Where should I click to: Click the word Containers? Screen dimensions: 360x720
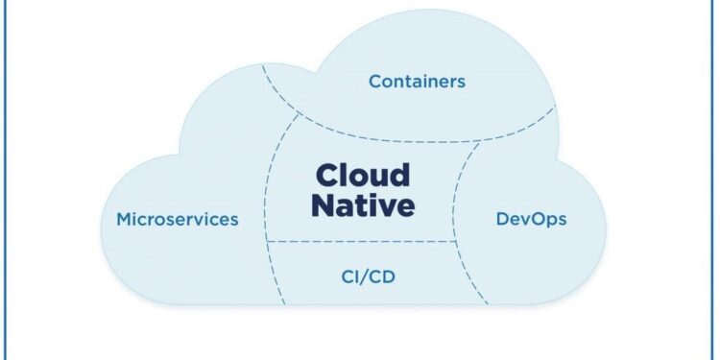click(417, 81)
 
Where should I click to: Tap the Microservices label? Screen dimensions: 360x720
click(178, 219)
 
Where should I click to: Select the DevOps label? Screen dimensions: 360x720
click(531, 219)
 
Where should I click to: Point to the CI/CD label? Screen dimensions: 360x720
click(369, 277)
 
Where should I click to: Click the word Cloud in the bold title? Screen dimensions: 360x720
click(363, 176)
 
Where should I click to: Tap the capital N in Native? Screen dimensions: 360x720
click(325, 205)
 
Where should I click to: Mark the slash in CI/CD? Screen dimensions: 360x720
click(369, 277)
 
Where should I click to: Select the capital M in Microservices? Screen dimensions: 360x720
click(124, 219)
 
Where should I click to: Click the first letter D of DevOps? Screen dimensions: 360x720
click(502, 219)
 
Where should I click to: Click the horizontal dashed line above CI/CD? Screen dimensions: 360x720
click(365, 242)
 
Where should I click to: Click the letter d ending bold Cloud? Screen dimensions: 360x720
click(400, 176)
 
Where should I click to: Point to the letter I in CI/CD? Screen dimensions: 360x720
click(358, 277)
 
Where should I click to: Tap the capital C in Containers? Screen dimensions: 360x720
click(375, 81)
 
